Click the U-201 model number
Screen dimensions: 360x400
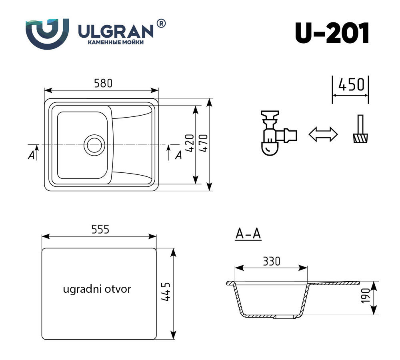(332, 33)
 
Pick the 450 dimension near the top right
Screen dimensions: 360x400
(351, 85)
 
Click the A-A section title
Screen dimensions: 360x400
(248, 234)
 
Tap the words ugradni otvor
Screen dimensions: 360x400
(97, 289)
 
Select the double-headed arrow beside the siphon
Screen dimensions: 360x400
(323, 134)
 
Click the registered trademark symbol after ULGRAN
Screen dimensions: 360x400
(160, 24)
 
